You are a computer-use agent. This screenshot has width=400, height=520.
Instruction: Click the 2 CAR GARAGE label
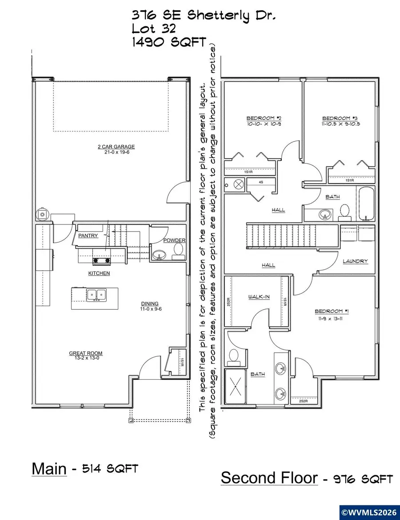(x=116, y=146)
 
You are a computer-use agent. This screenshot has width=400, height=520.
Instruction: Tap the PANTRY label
(x=88, y=236)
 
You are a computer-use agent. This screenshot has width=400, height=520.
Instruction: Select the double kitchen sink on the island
(x=96, y=294)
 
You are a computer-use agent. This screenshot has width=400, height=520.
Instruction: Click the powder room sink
(x=159, y=255)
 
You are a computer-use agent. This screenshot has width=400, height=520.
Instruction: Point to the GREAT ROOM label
(x=85, y=353)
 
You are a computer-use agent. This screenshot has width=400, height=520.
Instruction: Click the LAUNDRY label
(x=355, y=261)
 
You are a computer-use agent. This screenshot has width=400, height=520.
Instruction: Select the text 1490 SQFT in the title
(x=169, y=43)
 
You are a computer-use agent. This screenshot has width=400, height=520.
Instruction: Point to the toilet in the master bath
(x=234, y=355)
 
